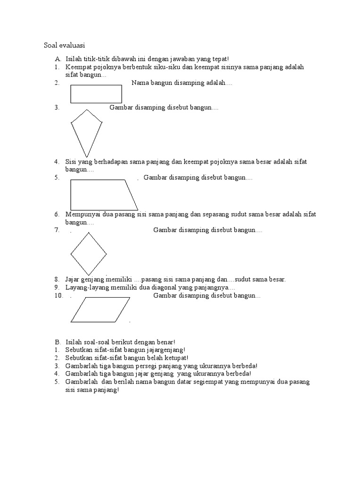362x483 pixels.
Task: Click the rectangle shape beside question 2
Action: click(x=97, y=93)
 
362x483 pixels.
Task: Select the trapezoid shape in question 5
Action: click(x=104, y=194)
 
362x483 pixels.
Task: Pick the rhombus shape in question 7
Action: click(x=89, y=253)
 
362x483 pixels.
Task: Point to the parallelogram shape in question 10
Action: click(x=101, y=309)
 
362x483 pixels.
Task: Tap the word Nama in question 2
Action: click(x=140, y=83)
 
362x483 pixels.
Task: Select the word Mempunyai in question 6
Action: click(x=82, y=214)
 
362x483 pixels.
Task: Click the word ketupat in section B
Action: click(x=174, y=358)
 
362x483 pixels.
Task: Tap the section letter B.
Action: click(x=57, y=342)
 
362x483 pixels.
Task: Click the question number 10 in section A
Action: click(x=58, y=296)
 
